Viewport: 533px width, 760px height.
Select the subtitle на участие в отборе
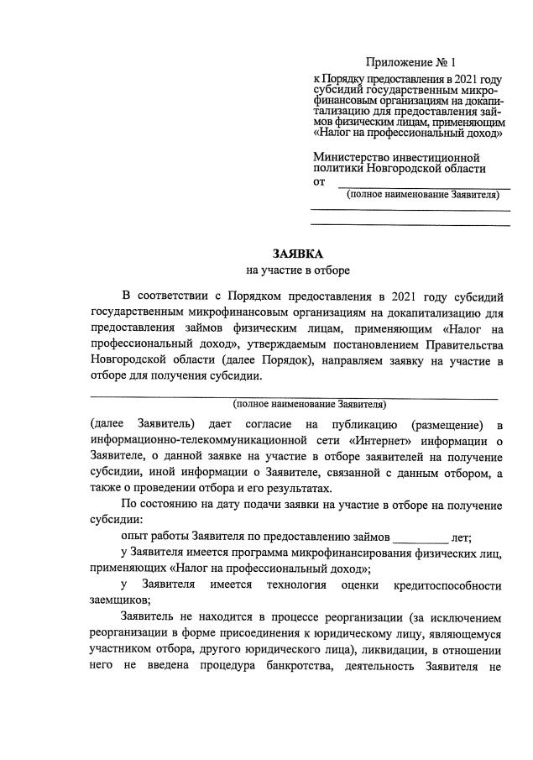297,270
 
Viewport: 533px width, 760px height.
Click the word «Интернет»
392,440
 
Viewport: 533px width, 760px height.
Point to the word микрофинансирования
346,552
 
